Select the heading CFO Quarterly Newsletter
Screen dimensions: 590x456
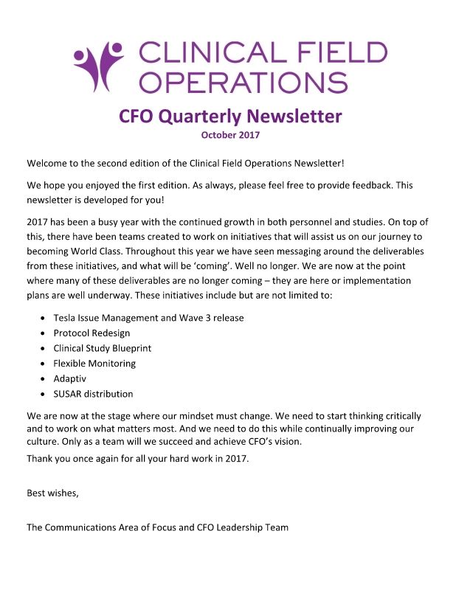click(x=230, y=116)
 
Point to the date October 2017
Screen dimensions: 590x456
click(x=230, y=134)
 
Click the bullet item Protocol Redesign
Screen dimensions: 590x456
click(x=91, y=333)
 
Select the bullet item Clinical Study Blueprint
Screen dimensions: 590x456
click(x=102, y=348)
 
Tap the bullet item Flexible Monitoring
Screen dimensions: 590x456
click(x=94, y=364)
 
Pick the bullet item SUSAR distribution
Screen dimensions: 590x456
click(x=93, y=394)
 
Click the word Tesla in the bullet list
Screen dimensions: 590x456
click(x=66, y=318)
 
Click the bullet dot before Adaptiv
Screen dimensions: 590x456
click(x=41, y=379)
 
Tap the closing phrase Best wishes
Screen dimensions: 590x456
click(x=52, y=493)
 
